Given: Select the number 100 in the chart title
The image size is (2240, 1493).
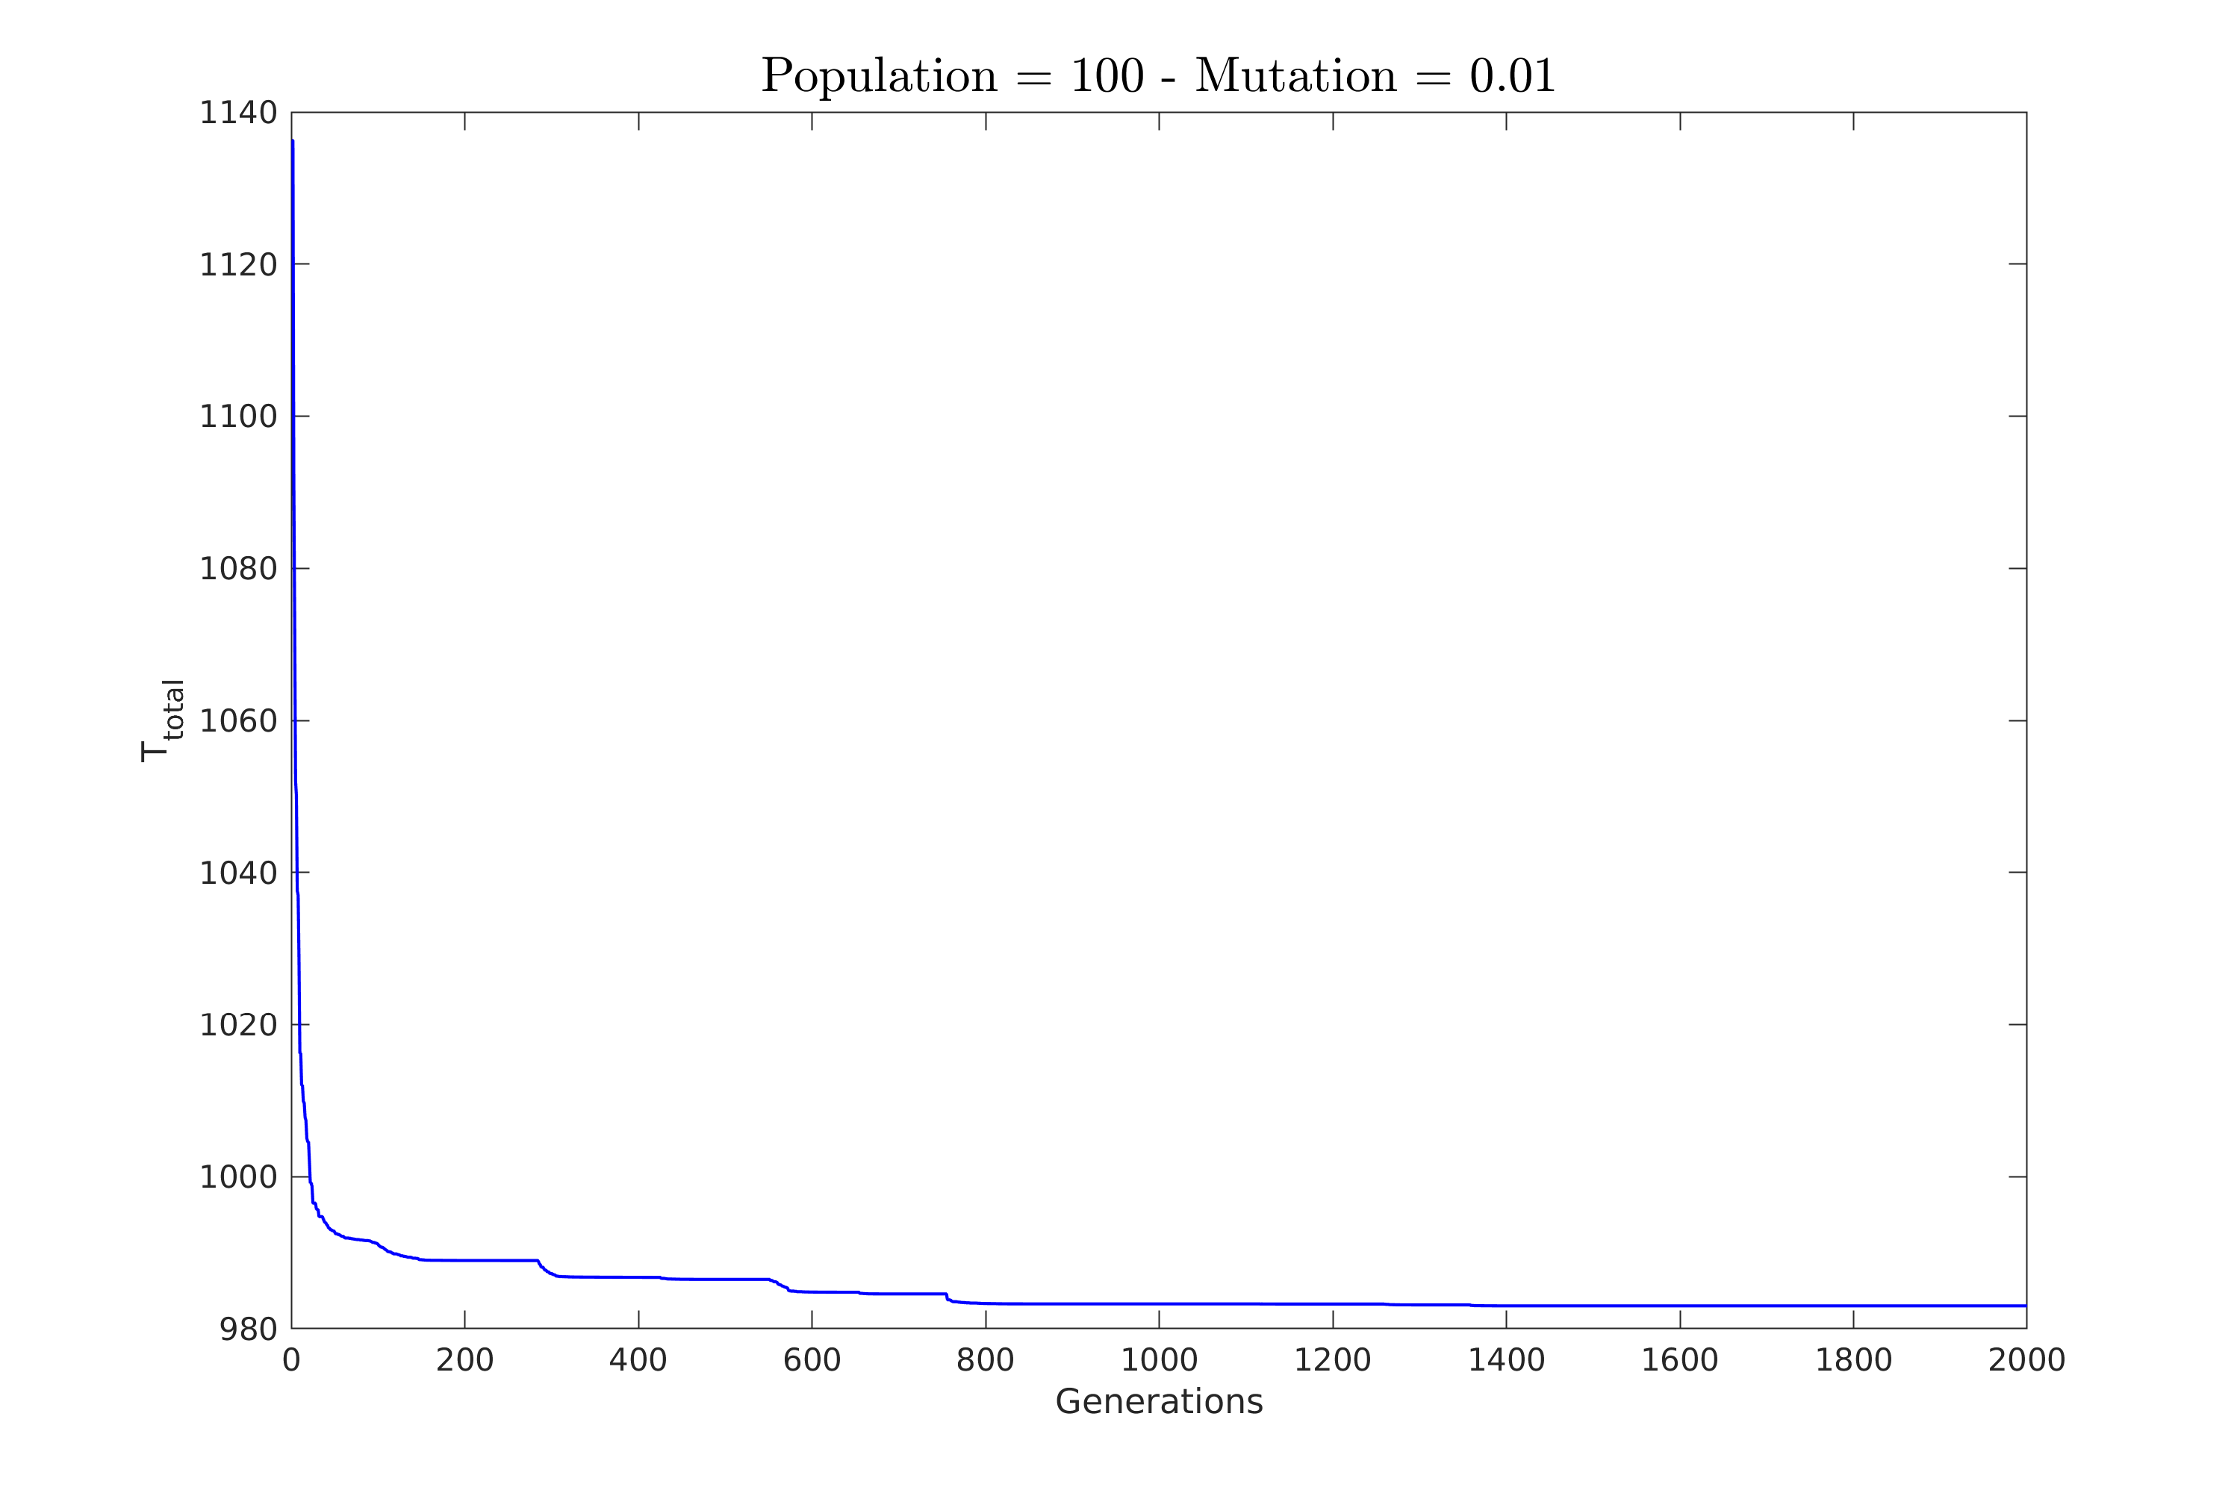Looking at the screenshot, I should [x=1107, y=77].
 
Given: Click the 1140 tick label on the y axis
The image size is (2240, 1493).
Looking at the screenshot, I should [x=238, y=113].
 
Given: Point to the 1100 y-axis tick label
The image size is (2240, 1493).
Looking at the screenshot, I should [x=238, y=417].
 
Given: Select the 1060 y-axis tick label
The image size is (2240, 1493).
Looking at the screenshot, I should [x=238, y=722].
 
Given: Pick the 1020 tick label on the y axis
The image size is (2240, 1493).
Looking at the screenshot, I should [x=238, y=1026].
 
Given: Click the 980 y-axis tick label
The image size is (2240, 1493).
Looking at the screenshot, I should [x=249, y=1330].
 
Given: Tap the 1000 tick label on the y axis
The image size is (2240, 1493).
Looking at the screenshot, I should [x=238, y=1178].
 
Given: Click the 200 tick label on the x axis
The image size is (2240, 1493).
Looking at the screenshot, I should [x=464, y=1362].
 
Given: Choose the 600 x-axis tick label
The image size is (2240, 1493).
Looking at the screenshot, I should [x=812, y=1362].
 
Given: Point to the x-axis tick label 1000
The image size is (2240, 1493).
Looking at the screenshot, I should [x=1159, y=1362].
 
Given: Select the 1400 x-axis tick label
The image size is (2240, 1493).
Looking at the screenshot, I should [x=1506, y=1362].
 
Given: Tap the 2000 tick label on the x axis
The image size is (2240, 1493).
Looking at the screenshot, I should [x=2026, y=1362].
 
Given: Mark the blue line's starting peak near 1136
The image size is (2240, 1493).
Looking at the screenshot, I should [x=293, y=141].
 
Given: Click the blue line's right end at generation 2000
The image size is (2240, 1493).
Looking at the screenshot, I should [x=2025, y=1306].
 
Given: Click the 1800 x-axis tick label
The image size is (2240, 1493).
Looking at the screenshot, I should [x=1853, y=1362].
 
